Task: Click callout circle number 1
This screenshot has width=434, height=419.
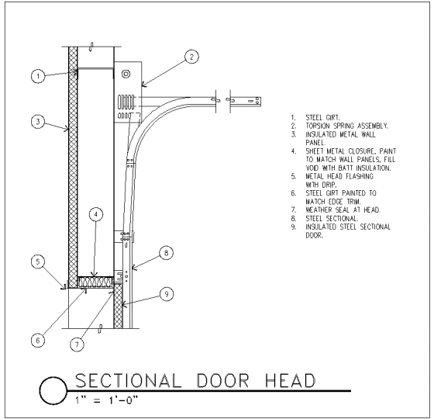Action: click(x=38, y=76)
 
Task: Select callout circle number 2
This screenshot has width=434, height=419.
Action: click(x=191, y=57)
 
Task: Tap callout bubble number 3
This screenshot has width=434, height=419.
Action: click(x=38, y=121)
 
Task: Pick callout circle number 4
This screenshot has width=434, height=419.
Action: click(x=96, y=214)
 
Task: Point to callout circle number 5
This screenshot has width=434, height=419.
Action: click(x=38, y=261)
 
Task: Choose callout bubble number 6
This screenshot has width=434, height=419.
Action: click(x=38, y=341)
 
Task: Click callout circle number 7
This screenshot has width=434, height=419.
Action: click(x=77, y=345)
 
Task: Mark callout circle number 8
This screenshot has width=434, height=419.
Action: click(x=167, y=253)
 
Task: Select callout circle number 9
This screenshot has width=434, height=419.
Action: click(x=167, y=294)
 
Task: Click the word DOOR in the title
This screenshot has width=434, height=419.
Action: click(x=223, y=380)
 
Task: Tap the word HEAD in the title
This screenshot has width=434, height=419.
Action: click(x=291, y=380)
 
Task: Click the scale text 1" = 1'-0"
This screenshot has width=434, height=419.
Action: click(x=106, y=400)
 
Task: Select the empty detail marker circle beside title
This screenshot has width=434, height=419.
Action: click(x=53, y=391)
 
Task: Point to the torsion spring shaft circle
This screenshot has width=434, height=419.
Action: click(x=126, y=74)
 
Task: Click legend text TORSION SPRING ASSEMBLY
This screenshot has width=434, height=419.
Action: click(x=347, y=126)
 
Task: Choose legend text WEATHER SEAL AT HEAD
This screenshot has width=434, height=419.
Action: click(x=343, y=210)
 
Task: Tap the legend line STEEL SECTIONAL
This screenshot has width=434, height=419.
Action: click(x=332, y=219)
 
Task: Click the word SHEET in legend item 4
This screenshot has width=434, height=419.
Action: click(x=315, y=151)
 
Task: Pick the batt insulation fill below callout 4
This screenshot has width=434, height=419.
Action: click(x=96, y=282)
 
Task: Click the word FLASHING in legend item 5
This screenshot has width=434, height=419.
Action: click(x=360, y=177)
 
